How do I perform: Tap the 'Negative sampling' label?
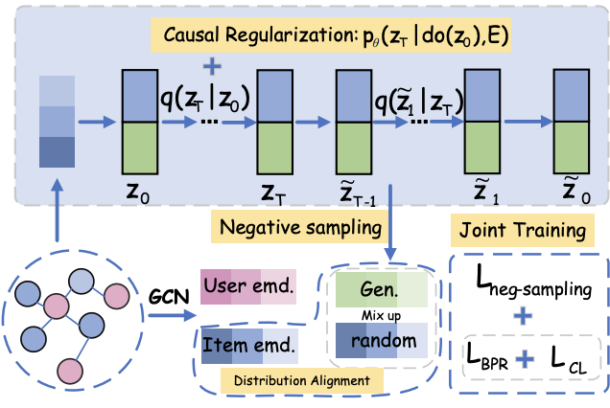pos(300,227)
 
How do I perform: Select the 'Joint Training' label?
pos(523,230)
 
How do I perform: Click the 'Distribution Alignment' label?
pos(302,380)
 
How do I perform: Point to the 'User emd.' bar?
pos(248,286)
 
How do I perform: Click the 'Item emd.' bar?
pos(249,346)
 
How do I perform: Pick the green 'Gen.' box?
pos(382,289)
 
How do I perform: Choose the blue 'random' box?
pos(382,340)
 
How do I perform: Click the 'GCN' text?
pos(169,297)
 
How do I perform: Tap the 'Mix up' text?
pos(381,315)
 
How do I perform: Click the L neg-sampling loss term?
pos(533,283)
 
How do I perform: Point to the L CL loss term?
pos(569,359)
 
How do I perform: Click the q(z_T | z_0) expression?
pos(205,99)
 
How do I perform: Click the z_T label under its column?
pos(273,193)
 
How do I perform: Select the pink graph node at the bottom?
pos(70,371)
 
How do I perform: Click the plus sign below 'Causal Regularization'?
pos(212,66)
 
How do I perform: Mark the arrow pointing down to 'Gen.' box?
pos(390,222)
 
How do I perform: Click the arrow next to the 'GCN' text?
pos(172,315)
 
